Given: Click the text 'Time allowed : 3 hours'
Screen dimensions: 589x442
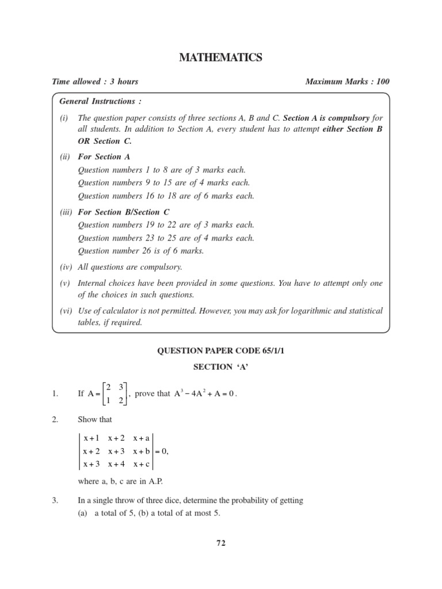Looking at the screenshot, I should click(x=95, y=82).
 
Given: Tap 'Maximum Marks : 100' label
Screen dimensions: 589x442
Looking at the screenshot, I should click(x=347, y=82).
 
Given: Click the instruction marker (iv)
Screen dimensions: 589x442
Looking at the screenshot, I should click(x=66, y=267).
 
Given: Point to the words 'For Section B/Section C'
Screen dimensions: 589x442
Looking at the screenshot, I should click(x=124, y=212).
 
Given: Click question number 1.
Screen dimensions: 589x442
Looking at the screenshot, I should click(x=55, y=394).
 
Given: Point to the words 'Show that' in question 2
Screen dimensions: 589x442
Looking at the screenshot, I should click(x=95, y=420).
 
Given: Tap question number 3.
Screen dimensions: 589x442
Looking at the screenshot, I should click(x=55, y=500).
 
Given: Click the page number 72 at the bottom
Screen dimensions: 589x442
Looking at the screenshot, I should click(x=221, y=542).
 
